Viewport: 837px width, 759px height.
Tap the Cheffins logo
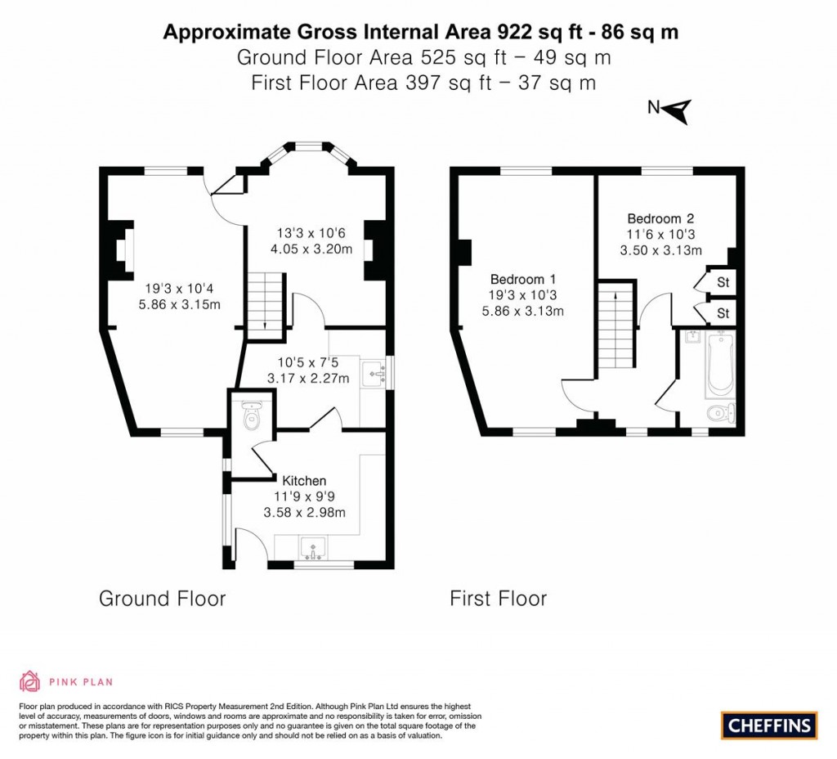click(769, 725)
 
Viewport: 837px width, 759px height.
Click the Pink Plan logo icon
click(29, 681)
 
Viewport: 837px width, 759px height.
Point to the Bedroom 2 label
click(660, 218)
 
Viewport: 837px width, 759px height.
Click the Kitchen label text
click(304, 481)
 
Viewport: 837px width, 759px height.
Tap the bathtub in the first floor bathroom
click(721, 363)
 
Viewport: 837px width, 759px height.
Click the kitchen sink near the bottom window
click(314, 546)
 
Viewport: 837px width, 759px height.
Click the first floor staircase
click(615, 327)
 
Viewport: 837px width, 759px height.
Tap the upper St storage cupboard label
click(723, 283)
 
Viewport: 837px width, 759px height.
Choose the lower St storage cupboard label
click(723, 313)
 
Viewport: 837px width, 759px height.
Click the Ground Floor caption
click(162, 599)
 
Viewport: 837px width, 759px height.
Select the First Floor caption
click(498, 599)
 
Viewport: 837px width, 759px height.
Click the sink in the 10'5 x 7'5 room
click(375, 371)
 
